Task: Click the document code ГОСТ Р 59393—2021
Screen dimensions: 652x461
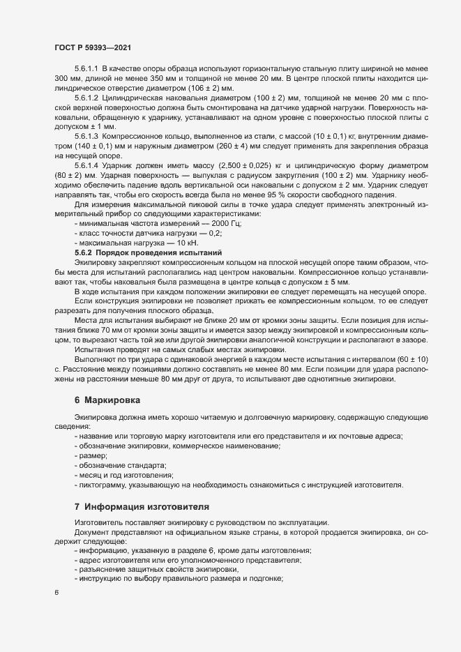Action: point(92,47)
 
